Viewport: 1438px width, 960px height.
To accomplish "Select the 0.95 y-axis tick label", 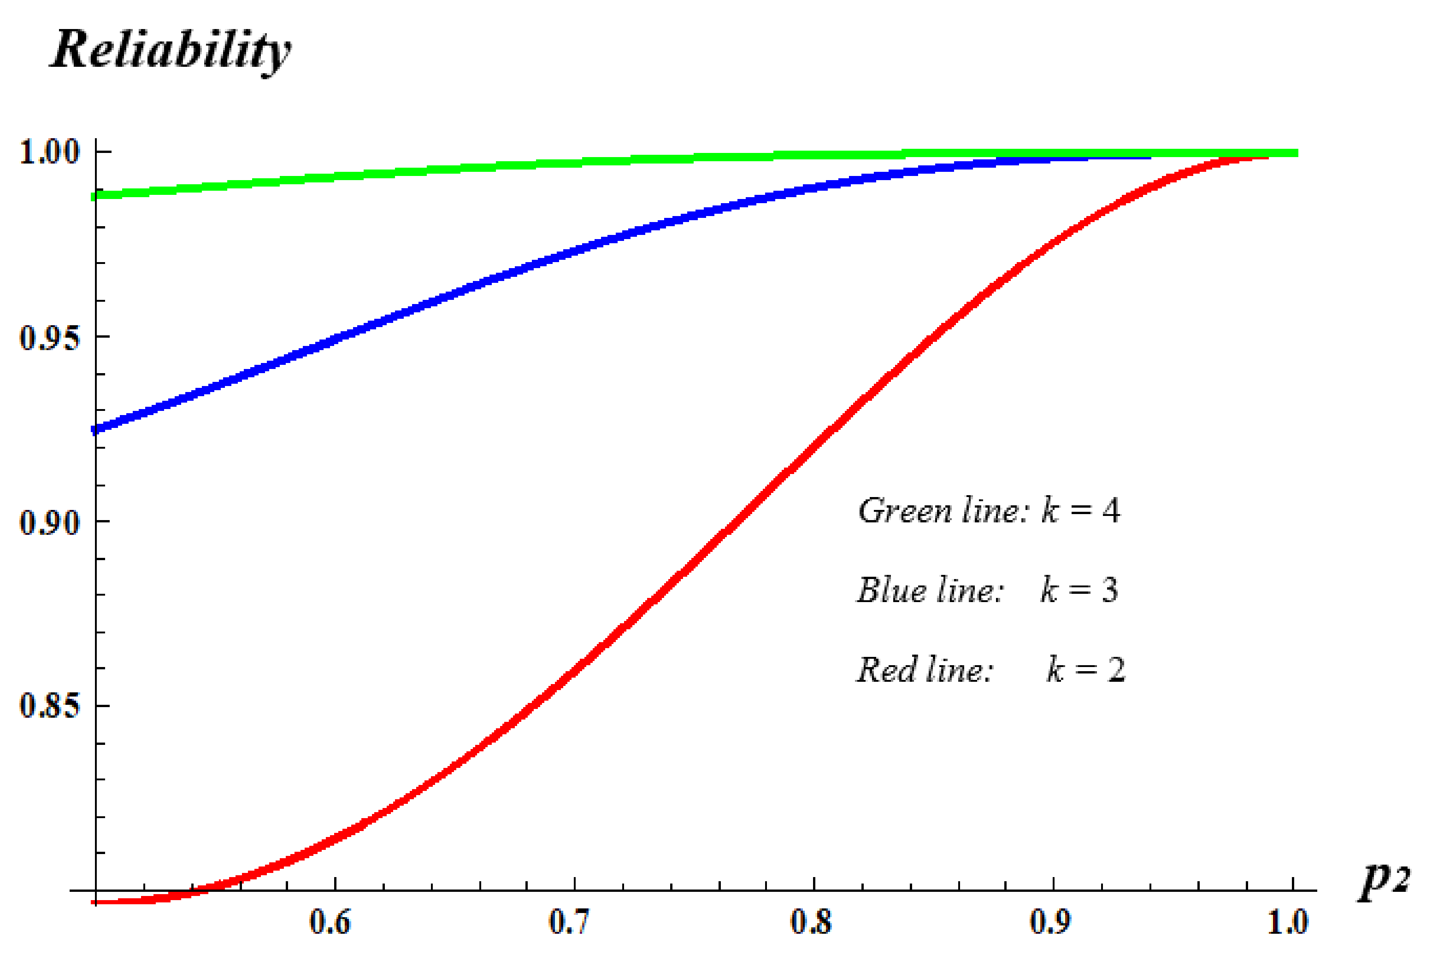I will (x=50, y=337).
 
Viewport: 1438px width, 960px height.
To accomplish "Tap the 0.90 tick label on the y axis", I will (x=50, y=522).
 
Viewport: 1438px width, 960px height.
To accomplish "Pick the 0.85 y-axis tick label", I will (x=50, y=706).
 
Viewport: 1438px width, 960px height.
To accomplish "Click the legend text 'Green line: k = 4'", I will (x=989, y=510).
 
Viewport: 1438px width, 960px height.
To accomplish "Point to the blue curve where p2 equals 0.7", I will (x=574, y=251).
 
